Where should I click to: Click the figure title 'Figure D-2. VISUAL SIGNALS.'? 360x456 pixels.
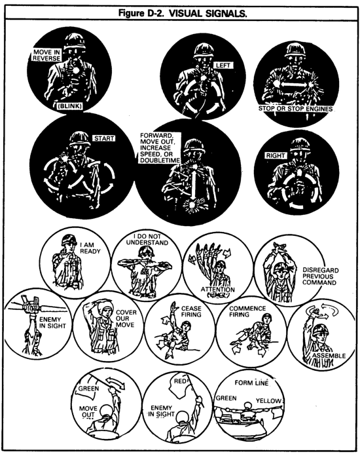(x=183, y=13)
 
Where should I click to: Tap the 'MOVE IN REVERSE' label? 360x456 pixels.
(x=46, y=55)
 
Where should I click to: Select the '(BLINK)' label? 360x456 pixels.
(x=70, y=106)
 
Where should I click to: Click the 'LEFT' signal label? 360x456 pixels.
(x=223, y=66)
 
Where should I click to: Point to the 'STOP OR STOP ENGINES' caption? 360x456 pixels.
(x=295, y=109)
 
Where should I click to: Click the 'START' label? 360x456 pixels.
(x=104, y=138)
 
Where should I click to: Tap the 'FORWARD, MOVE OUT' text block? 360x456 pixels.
(x=159, y=148)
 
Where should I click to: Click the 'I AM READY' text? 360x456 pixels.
(x=90, y=248)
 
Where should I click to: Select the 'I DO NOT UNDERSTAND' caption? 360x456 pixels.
(x=147, y=240)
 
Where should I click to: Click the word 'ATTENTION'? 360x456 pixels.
(x=217, y=290)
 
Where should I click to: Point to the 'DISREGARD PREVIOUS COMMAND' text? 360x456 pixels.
(x=321, y=276)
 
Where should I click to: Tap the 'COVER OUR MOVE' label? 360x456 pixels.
(x=126, y=318)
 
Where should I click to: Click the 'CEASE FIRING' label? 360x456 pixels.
(x=191, y=311)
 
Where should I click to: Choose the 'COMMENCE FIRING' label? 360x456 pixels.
(x=247, y=311)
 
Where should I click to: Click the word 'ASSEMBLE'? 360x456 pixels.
(x=329, y=356)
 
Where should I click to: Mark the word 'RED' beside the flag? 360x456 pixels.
(x=180, y=381)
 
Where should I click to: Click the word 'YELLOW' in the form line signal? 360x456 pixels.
(x=268, y=401)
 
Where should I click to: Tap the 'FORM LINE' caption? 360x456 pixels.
(x=251, y=383)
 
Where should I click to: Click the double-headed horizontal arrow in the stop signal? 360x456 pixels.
(x=294, y=85)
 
